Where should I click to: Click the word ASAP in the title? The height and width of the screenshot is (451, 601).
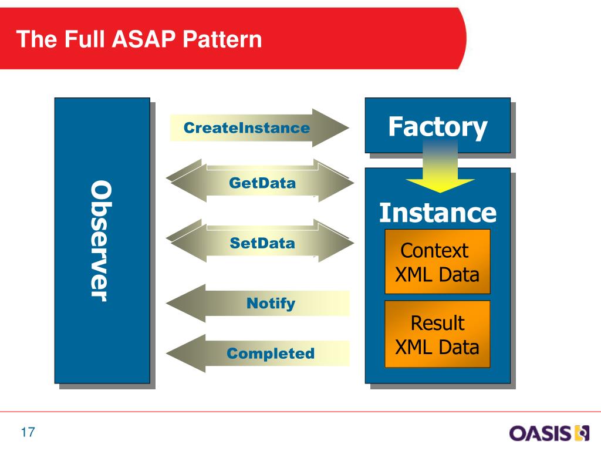pyautogui.click(x=144, y=39)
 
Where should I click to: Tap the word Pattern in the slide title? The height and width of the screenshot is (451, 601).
pyautogui.click(x=222, y=39)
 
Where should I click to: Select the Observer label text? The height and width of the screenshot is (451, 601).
pyautogui.click(x=102, y=241)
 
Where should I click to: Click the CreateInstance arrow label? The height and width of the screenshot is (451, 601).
pyautogui.click(x=247, y=127)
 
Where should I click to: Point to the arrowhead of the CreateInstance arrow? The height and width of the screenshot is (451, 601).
pyautogui.click(x=330, y=127)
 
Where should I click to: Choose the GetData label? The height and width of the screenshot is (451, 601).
pyautogui.click(x=262, y=183)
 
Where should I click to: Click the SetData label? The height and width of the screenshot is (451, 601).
pyautogui.click(x=262, y=243)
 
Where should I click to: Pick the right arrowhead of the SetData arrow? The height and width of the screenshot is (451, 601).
pyautogui.click(x=334, y=241)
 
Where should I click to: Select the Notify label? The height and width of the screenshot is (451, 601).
pyautogui.click(x=271, y=304)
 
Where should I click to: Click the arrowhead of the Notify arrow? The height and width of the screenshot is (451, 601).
pyautogui.click(x=186, y=304)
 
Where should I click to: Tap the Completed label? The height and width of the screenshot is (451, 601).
pyautogui.click(x=271, y=353)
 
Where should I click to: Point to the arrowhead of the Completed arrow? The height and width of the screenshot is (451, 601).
pyautogui.click(x=186, y=353)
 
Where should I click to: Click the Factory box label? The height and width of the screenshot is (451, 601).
pyautogui.click(x=438, y=127)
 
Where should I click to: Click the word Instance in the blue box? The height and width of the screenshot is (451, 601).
pyautogui.click(x=438, y=213)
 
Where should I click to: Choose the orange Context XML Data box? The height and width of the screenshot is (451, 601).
pyautogui.click(x=437, y=261)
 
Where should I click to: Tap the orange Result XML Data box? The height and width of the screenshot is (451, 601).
pyautogui.click(x=437, y=334)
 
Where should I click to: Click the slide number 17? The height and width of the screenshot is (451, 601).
pyautogui.click(x=28, y=432)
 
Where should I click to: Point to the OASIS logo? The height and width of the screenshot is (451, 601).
pyautogui.click(x=549, y=433)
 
